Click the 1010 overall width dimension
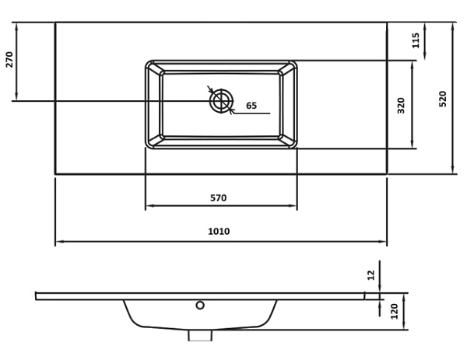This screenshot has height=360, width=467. (219, 231)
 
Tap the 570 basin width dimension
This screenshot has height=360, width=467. (219, 197)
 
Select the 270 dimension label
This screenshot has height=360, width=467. (9, 60)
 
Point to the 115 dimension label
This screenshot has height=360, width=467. (416, 40)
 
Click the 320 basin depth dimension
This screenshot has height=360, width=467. (402, 105)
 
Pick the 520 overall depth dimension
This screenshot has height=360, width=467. (443, 99)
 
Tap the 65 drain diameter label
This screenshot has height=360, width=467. (251, 106)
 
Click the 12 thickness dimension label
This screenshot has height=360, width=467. (371, 275)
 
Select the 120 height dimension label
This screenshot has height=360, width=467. (395, 311)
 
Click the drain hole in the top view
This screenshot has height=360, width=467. (221, 101)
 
